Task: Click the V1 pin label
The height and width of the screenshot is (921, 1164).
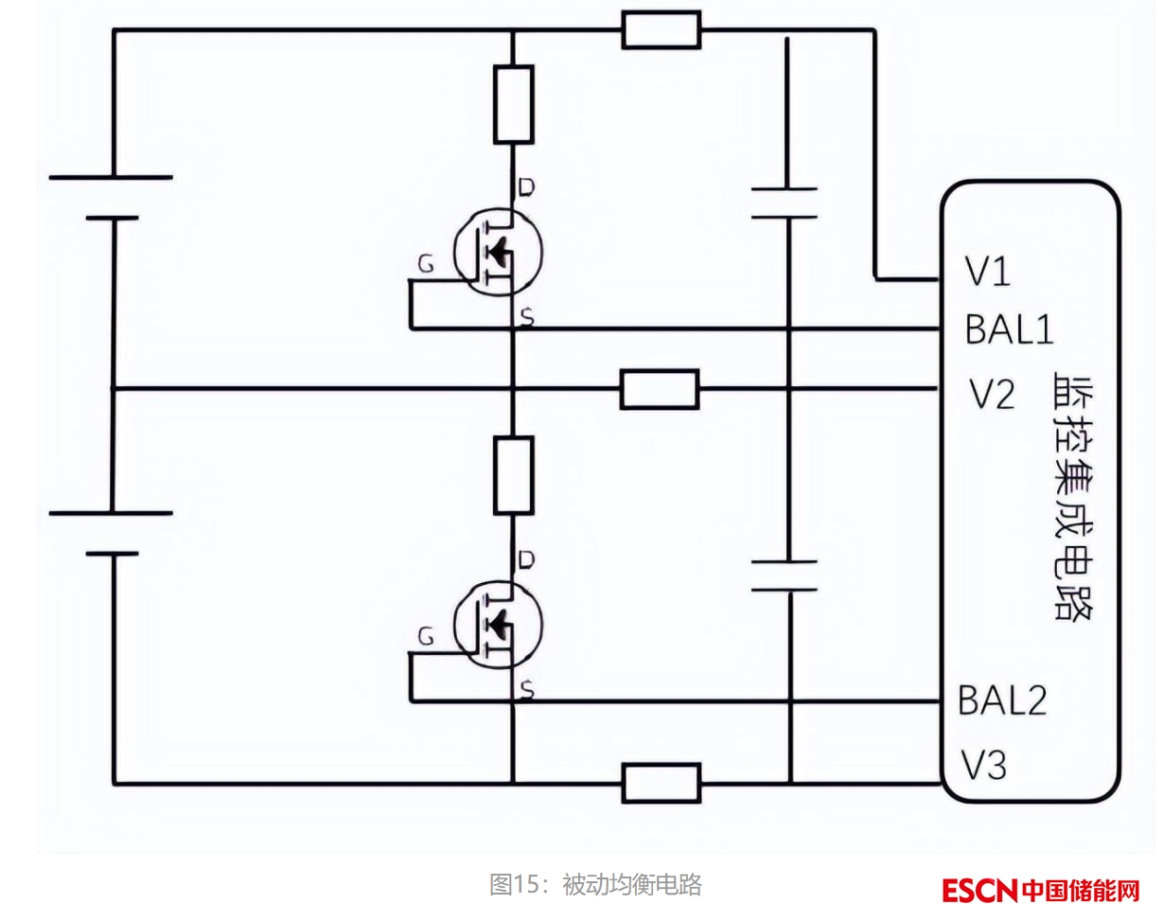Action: point(988,274)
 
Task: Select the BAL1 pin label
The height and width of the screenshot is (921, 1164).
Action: point(1009,329)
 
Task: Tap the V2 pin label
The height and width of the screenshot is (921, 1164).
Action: point(993,394)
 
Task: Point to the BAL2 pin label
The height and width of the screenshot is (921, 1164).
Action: point(1002,701)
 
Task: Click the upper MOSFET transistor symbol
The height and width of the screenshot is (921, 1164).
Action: point(497,252)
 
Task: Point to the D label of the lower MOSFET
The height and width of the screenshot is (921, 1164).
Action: point(527,560)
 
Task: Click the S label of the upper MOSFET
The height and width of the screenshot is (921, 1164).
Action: point(527,320)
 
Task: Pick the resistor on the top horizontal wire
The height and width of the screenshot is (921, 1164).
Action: point(661,29)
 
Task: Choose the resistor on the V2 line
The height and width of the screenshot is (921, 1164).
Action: point(660,389)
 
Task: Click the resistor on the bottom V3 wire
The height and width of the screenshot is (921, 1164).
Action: point(661,783)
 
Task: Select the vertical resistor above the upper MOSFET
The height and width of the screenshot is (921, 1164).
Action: point(513,104)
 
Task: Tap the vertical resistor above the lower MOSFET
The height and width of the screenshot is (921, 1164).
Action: point(513,475)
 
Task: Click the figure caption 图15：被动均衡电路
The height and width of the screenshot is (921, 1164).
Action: point(595,885)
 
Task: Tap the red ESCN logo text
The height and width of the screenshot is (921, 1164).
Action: point(979,891)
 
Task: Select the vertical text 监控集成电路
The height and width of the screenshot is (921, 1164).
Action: point(1073,497)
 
